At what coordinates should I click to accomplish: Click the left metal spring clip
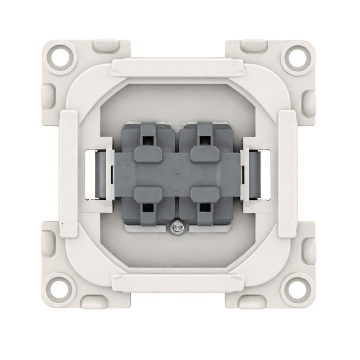coord(97,174)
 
